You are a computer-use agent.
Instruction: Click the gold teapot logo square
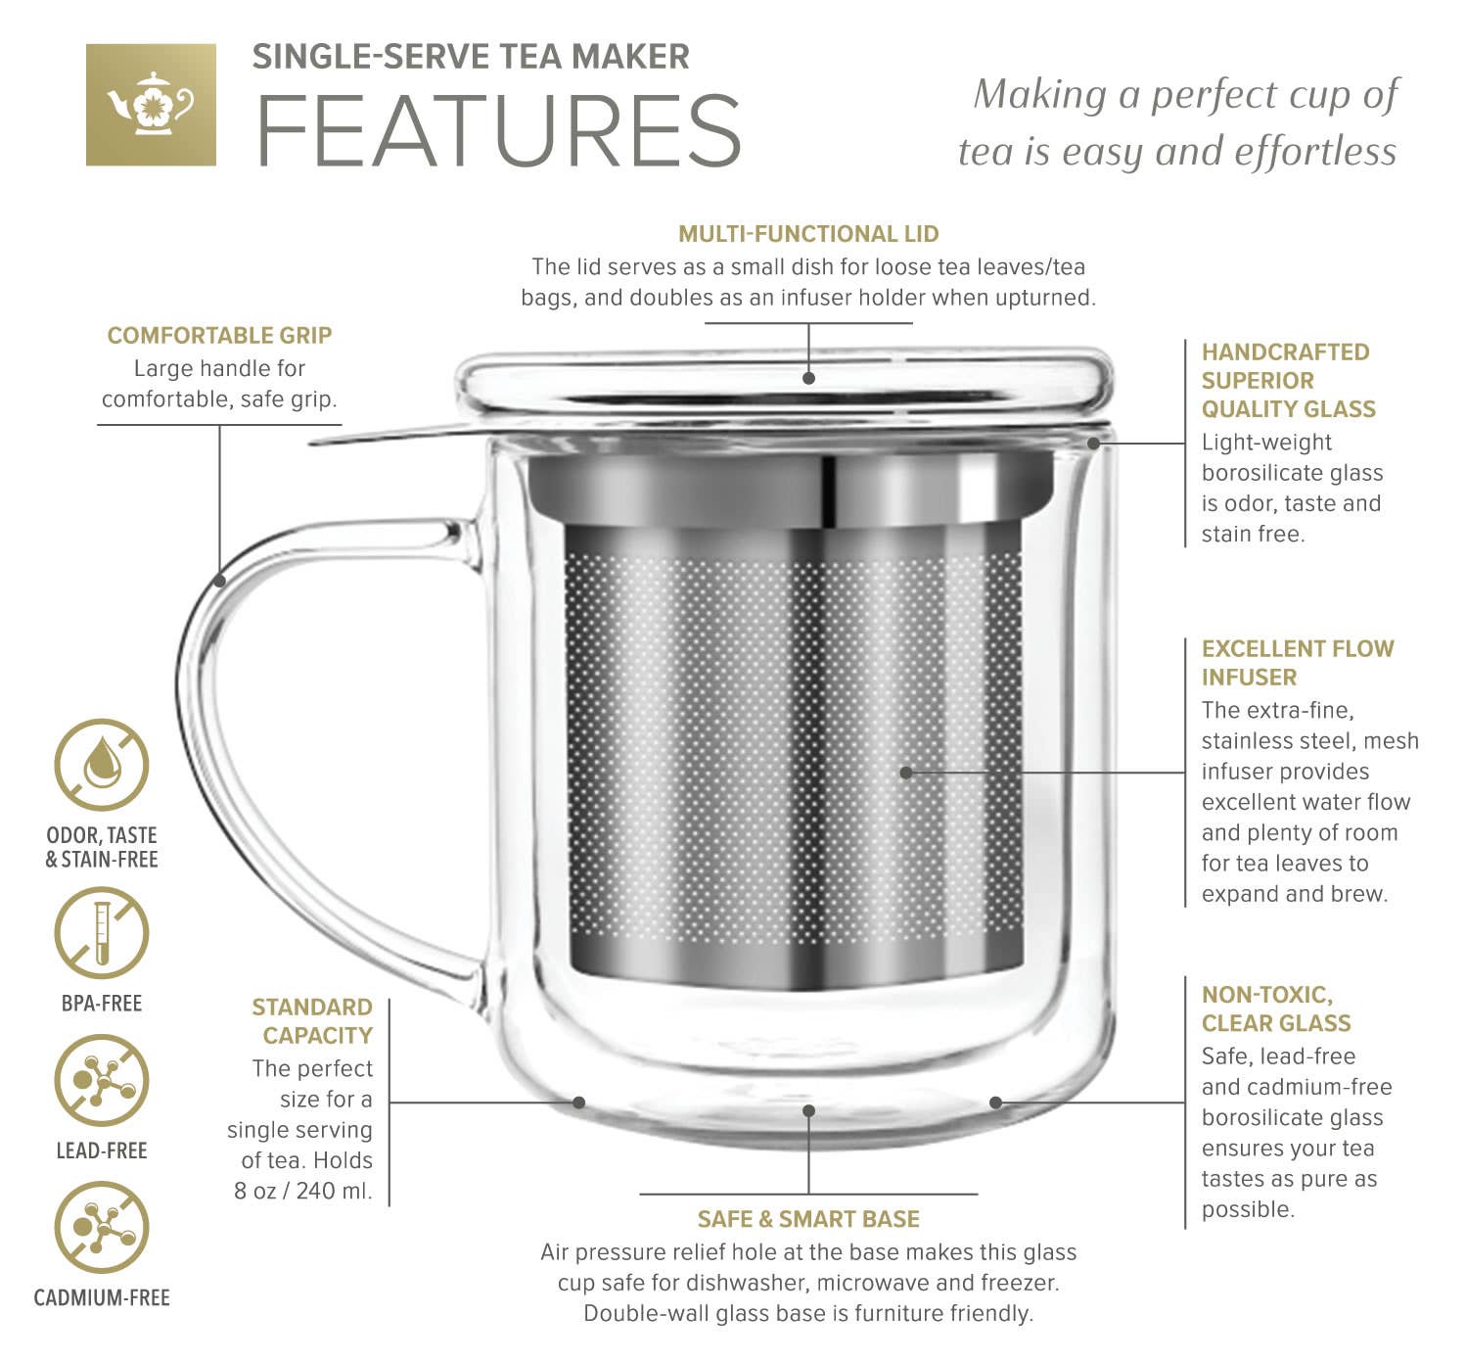tap(151, 104)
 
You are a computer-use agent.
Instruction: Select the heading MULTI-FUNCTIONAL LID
tap(808, 234)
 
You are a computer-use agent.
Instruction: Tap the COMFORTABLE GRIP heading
tap(219, 336)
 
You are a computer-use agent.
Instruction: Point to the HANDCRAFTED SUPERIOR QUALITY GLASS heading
tap(1287, 381)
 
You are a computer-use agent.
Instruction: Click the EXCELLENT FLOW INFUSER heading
tap(1297, 663)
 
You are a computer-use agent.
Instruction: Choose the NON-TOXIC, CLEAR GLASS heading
tap(1275, 1009)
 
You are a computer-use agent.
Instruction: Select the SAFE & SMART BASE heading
tap(808, 1219)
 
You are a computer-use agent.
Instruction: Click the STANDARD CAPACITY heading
tap(312, 1021)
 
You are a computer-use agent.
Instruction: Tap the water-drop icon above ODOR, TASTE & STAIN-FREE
tap(101, 765)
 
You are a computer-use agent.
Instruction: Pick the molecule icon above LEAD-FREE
tap(101, 1081)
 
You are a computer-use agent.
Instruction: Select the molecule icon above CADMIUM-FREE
tap(101, 1228)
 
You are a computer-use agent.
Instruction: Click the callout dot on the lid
tap(808, 377)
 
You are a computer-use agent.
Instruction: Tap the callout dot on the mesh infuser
tap(906, 773)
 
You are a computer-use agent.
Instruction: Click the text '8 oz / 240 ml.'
tap(303, 1191)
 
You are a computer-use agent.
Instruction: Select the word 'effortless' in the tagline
tap(1315, 152)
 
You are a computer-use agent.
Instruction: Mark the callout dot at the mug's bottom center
tap(808, 1110)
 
